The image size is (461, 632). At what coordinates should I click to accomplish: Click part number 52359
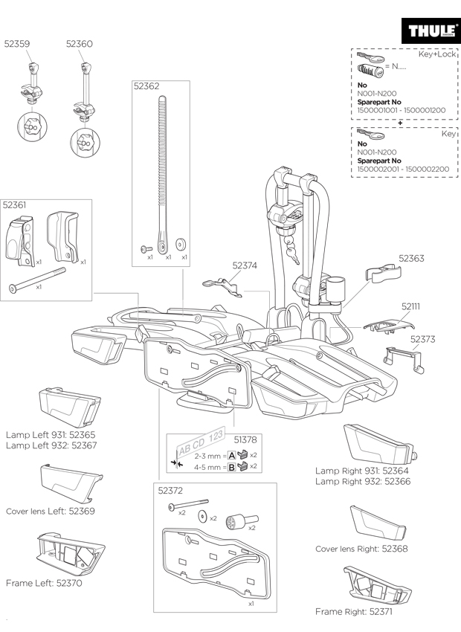pos(17,45)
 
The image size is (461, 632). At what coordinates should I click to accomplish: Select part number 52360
pos(79,45)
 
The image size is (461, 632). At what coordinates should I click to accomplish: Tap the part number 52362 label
pos(146,86)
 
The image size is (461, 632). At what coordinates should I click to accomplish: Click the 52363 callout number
pos(411,259)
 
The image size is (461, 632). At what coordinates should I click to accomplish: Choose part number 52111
pos(411,306)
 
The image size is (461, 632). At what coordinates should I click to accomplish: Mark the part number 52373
pos(423,339)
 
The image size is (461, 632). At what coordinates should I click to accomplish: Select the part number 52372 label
pos(170,491)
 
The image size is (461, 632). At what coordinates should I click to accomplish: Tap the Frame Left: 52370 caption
pos(44,584)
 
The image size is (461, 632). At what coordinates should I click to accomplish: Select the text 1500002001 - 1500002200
pos(403,169)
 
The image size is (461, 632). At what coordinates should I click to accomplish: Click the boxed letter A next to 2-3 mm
pos(231,455)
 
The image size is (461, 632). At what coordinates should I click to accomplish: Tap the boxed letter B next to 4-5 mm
pos(231,467)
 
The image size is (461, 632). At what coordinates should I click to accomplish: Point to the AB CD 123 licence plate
pos(200,445)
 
